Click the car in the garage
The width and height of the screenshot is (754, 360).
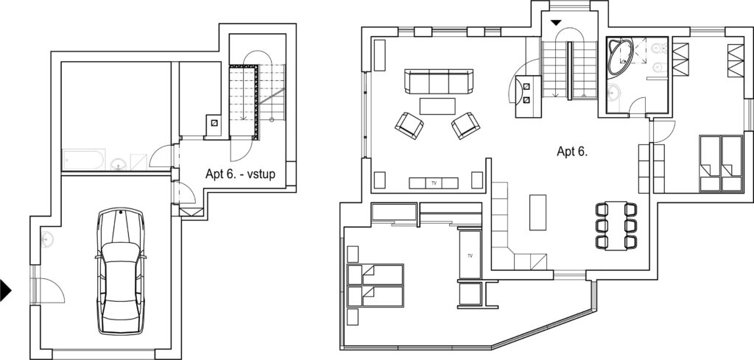click(x=121, y=271)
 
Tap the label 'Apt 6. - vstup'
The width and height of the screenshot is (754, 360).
click(x=241, y=174)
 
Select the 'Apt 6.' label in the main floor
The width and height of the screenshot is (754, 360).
click(x=572, y=152)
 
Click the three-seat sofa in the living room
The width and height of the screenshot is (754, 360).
click(x=439, y=81)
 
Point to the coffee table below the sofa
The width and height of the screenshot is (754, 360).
click(x=437, y=106)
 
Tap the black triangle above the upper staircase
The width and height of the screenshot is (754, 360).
click(x=557, y=23)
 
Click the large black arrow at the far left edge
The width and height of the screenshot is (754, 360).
click(x=5, y=290)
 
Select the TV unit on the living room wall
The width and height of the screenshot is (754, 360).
click(x=433, y=183)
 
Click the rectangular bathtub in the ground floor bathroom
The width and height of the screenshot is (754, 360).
click(x=84, y=160)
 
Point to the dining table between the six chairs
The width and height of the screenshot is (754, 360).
click(x=616, y=226)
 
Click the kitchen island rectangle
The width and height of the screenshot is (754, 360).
click(x=538, y=213)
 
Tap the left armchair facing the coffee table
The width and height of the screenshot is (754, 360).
click(x=409, y=126)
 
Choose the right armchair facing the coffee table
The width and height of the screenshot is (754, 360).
click(x=465, y=126)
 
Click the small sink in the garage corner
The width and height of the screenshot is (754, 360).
click(x=46, y=239)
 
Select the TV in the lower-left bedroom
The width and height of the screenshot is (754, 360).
click(x=470, y=255)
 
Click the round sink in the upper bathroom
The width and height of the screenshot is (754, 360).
click(x=613, y=92)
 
